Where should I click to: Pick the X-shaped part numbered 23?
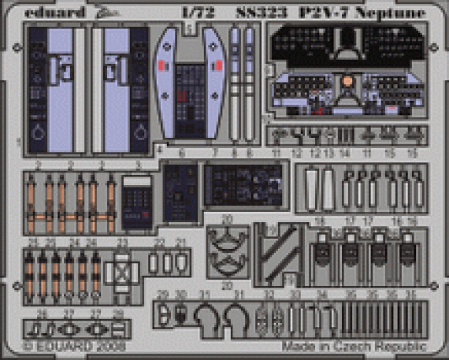click(121, 272)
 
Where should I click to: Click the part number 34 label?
click(321, 295)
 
